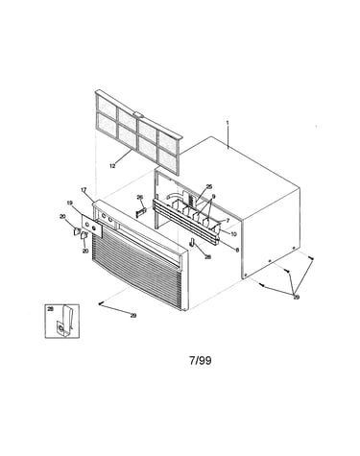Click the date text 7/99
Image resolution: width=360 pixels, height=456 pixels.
coord(201,361)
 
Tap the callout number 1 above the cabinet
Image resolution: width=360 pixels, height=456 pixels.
coord(228,123)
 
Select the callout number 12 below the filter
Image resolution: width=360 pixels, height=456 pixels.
coord(112,166)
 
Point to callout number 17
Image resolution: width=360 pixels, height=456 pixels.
coord(84,190)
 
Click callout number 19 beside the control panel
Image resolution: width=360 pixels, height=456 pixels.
coord(70,203)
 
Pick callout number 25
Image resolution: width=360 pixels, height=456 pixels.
coord(209,186)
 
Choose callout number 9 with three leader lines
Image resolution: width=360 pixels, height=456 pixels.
coord(213,197)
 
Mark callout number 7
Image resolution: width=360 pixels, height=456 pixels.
coord(228,220)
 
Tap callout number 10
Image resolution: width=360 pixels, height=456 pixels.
coord(233,234)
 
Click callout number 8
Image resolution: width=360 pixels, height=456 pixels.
coord(237,251)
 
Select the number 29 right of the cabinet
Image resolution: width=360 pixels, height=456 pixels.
coord(297,298)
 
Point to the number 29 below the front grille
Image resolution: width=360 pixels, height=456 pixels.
coord(133,316)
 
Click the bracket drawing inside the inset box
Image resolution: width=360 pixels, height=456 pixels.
coord(65,322)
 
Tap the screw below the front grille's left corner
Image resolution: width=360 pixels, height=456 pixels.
coord(100,304)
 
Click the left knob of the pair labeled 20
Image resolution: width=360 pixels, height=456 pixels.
coord(77,231)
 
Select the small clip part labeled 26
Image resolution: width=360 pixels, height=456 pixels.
coord(141,212)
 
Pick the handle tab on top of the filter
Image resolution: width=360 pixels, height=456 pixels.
coord(138,113)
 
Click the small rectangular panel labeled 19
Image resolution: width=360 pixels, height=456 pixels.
coord(91,226)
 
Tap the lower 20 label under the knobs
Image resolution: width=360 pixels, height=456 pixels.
coord(85,252)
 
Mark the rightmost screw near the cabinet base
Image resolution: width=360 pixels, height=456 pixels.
coord(310,257)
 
